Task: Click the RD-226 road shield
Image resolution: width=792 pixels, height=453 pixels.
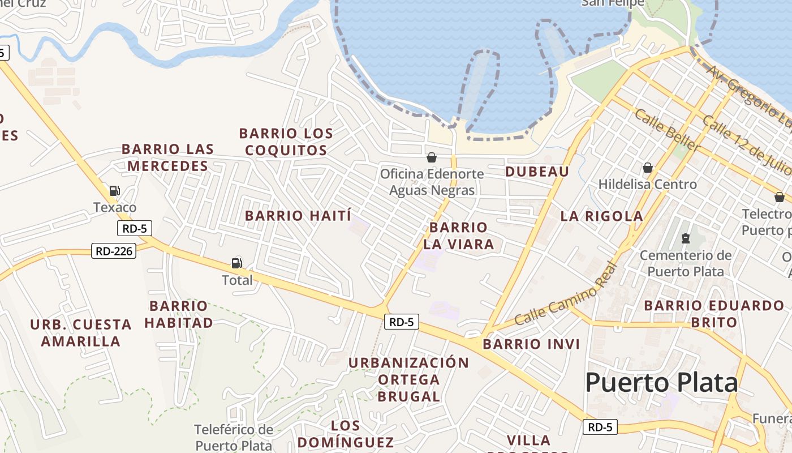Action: click(x=114, y=250)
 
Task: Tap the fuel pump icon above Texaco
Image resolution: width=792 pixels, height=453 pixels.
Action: click(x=114, y=191)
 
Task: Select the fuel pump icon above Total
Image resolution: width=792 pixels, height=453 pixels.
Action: click(x=236, y=263)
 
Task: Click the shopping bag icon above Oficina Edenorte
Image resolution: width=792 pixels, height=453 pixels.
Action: click(x=432, y=157)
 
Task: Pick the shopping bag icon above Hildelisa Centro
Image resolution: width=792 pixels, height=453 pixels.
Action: click(x=648, y=168)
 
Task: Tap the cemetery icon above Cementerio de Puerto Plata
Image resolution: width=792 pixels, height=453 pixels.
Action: click(x=686, y=238)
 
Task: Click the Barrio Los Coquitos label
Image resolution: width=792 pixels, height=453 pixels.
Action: click(x=286, y=142)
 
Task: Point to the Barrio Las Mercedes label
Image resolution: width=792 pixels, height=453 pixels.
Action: click(x=168, y=157)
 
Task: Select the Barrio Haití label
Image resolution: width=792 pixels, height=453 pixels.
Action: click(x=298, y=216)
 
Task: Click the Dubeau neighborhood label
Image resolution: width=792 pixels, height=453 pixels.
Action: click(x=537, y=172)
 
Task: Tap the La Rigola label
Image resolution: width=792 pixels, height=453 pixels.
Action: click(x=601, y=216)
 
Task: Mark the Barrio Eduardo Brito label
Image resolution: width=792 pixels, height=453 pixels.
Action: click(x=714, y=314)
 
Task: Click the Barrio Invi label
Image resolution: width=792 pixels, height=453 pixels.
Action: click(x=531, y=344)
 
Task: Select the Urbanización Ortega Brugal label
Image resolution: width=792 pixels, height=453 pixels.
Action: click(x=408, y=379)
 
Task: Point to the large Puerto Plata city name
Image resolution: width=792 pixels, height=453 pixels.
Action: click(x=661, y=383)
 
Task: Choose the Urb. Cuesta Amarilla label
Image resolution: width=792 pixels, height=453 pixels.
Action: click(x=80, y=333)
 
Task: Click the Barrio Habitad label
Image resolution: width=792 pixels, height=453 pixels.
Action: click(x=179, y=314)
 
